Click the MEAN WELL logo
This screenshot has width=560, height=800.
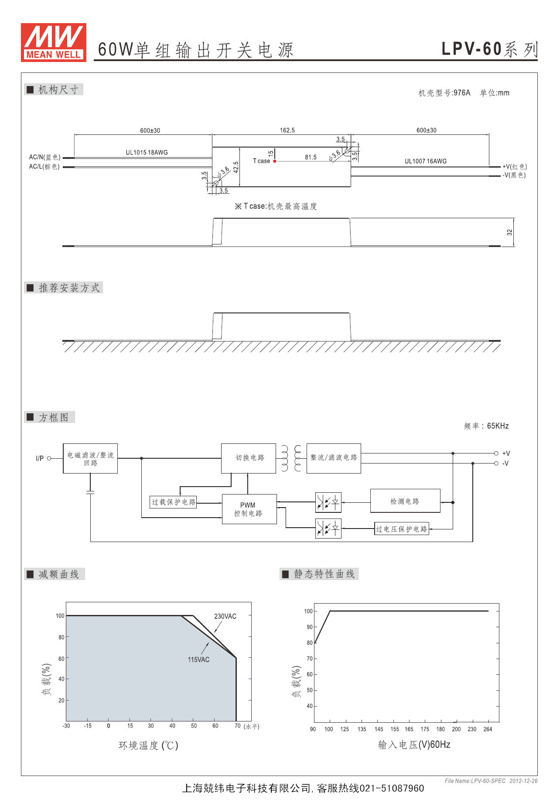tap(54, 42)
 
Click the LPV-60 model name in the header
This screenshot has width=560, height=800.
tap(472, 49)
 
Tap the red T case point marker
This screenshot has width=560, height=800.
tap(275, 161)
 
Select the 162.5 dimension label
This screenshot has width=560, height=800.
tap(287, 130)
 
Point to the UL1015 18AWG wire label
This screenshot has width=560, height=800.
tap(147, 152)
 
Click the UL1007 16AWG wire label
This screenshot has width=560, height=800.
tap(426, 161)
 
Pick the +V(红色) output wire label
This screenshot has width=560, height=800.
tap(515, 167)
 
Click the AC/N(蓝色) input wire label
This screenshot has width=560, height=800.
tap(45, 157)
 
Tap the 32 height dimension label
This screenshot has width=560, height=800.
tap(509, 232)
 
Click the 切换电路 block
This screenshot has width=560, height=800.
tap(249, 458)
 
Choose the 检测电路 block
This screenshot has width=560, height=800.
tap(405, 501)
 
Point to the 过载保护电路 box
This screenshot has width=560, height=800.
tap(174, 502)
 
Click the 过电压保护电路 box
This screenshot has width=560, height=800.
tap(402, 529)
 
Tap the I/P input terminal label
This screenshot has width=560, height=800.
tap(40, 458)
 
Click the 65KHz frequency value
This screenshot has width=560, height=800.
tap(498, 426)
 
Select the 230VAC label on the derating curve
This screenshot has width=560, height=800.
tap(225, 616)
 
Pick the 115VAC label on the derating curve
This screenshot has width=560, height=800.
tap(198, 659)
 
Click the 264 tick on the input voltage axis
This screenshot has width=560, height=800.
tap(488, 729)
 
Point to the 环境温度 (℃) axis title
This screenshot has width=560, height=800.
tap(148, 745)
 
